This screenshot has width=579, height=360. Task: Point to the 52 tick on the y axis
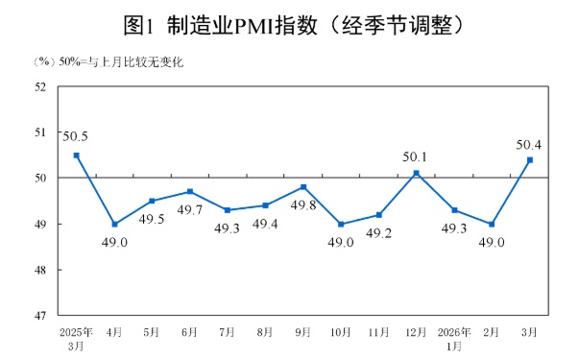[41, 86]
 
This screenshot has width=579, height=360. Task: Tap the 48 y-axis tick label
[41, 270]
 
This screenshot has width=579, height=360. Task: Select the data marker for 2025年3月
[77, 156]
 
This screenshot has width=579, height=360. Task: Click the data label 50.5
[76, 135]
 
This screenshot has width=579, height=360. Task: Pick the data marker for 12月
[416, 174]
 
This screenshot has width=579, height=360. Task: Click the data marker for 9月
[303, 187]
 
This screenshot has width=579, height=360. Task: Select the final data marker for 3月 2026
[529, 160]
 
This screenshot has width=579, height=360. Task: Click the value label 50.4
[529, 144]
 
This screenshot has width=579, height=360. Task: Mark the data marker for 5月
[153, 201]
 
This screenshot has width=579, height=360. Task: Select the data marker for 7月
[228, 210]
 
